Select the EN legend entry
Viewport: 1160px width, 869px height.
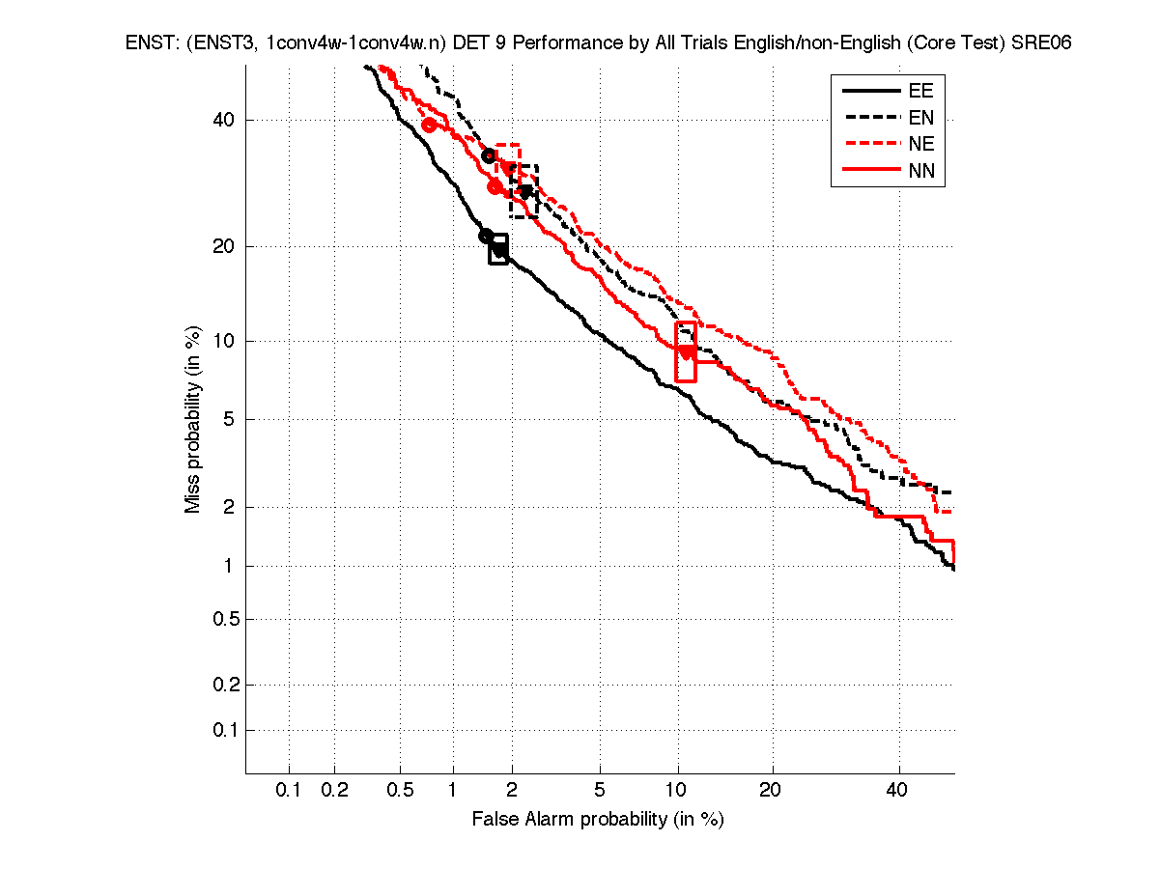click(x=920, y=118)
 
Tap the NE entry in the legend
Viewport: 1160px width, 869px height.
click(x=920, y=145)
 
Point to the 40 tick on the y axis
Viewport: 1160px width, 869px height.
click(x=223, y=120)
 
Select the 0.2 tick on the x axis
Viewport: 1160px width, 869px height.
click(x=334, y=790)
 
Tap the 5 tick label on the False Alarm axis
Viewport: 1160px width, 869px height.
click(x=600, y=790)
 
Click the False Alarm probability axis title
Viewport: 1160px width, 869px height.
click(x=598, y=820)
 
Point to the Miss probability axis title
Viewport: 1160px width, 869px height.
click(x=193, y=420)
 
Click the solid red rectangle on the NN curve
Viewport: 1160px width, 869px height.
click(x=686, y=351)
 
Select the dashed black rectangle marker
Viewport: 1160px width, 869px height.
click(x=523, y=191)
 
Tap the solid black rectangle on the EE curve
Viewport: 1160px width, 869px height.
click(x=498, y=249)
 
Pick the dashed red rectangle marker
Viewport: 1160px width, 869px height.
click(x=508, y=159)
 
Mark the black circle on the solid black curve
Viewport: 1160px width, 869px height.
click(x=486, y=236)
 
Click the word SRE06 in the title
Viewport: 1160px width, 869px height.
click(x=1041, y=43)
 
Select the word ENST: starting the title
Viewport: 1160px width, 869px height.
click(x=147, y=43)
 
